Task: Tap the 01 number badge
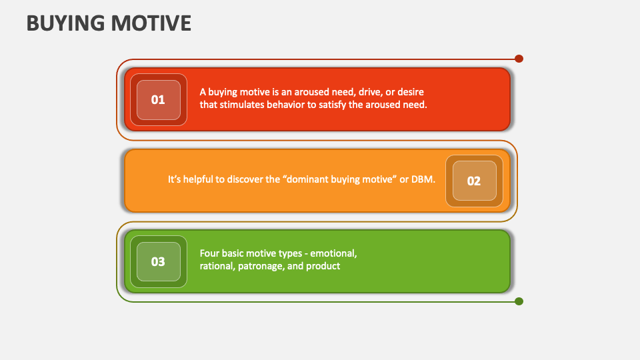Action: (x=158, y=100)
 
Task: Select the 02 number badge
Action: (x=474, y=181)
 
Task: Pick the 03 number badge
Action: (x=158, y=261)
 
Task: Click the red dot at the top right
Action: (x=519, y=59)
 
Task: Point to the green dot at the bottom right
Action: (x=519, y=301)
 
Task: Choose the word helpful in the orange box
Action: (x=203, y=180)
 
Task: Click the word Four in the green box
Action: (x=210, y=253)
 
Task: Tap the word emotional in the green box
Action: (x=335, y=253)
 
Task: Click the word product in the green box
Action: (x=323, y=266)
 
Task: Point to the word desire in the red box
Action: (x=409, y=92)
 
